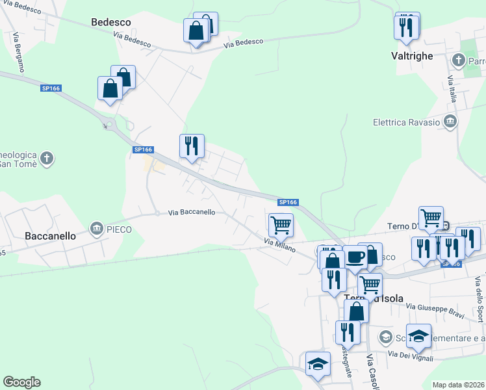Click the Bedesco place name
click(x=111, y=22)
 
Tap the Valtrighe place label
click(x=412, y=56)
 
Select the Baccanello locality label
click(x=50, y=236)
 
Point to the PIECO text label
click(x=120, y=229)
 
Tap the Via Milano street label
click(x=279, y=245)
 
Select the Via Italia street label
click(x=451, y=88)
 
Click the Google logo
click(x=21, y=382)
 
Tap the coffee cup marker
click(x=355, y=257)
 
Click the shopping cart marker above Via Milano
click(x=281, y=225)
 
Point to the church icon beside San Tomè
click(x=46, y=157)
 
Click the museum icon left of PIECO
click(x=97, y=229)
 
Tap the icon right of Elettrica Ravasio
click(x=450, y=122)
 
